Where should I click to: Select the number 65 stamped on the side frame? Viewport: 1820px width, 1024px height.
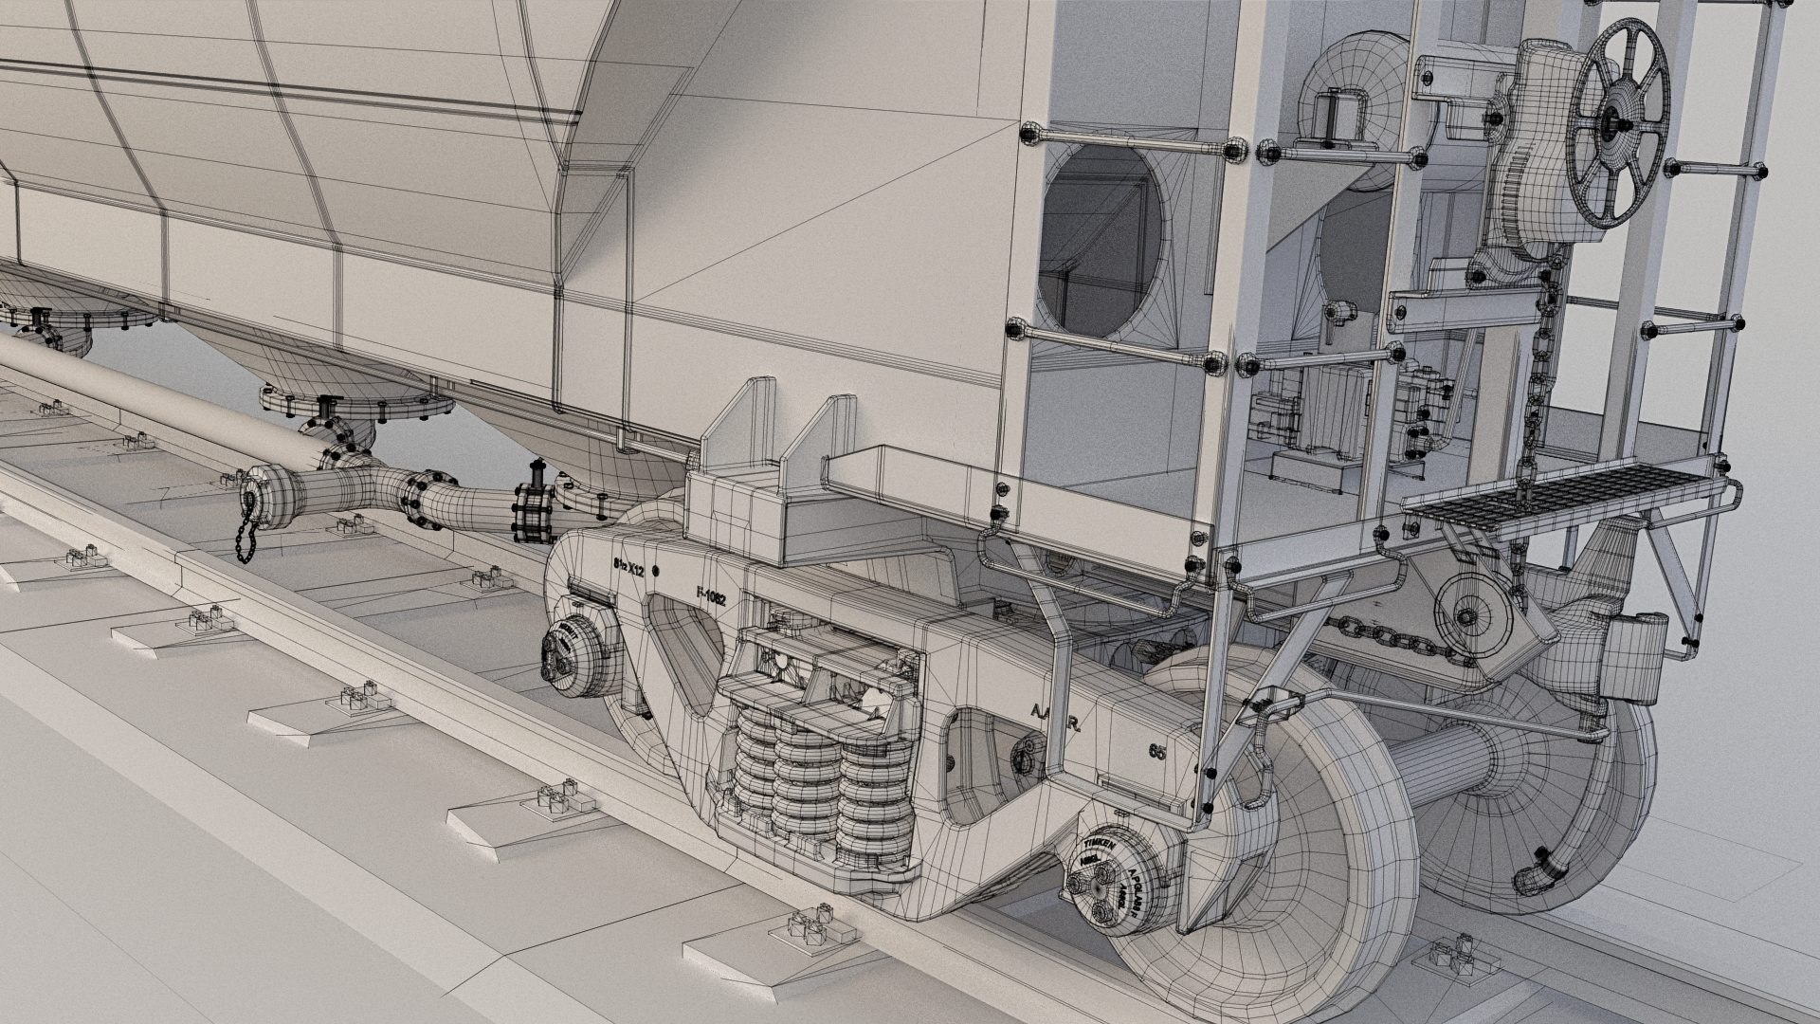pyautogui.click(x=1156, y=752)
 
